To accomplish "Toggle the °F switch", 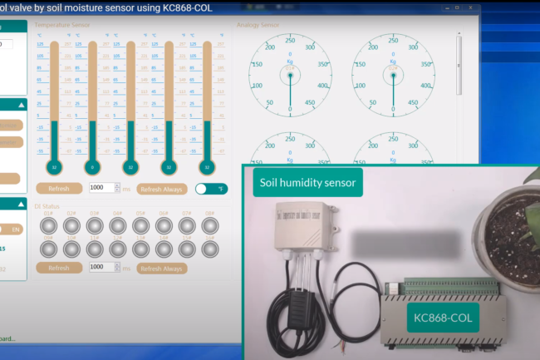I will pyautogui.click(x=211, y=189).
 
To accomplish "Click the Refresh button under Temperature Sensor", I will pyautogui.click(x=58, y=189).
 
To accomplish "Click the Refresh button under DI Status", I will pyautogui.click(x=58, y=268).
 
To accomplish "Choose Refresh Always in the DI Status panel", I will pyautogui.click(x=162, y=268).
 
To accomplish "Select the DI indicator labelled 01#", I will pyautogui.click(x=48, y=226).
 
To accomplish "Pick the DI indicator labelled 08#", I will pyautogui.click(x=211, y=226).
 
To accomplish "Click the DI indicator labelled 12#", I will pyautogui.click(x=118, y=249).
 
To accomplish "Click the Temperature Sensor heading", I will pyautogui.click(x=62, y=25).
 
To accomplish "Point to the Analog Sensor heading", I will pyautogui.click(x=258, y=25).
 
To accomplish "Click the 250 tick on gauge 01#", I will pyautogui.click(x=290, y=39).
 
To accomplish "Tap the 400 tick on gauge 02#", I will pyautogui.click(x=425, y=86).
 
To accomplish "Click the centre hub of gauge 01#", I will pyautogui.click(x=290, y=75).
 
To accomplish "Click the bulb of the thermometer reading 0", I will pyautogui.click(x=92, y=167).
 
